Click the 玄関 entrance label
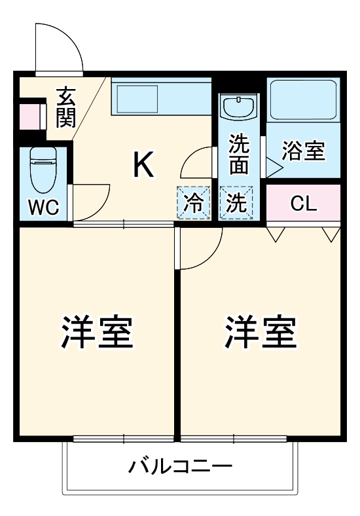(x=66, y=107)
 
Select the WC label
(x=44, y=208)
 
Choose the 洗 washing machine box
(x=236, y=202)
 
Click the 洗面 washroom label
(x=238, y=155)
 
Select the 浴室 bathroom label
(x=303, y=151)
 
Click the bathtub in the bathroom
(x=303, y=101)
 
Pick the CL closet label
(x=303, y=204)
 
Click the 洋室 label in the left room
(x=98, y=333)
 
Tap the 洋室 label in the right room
(x=261, y=333)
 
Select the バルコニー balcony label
(x=180, y=467)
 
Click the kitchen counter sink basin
(x=136, y=98)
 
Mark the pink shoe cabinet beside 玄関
(x=29, y=117)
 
